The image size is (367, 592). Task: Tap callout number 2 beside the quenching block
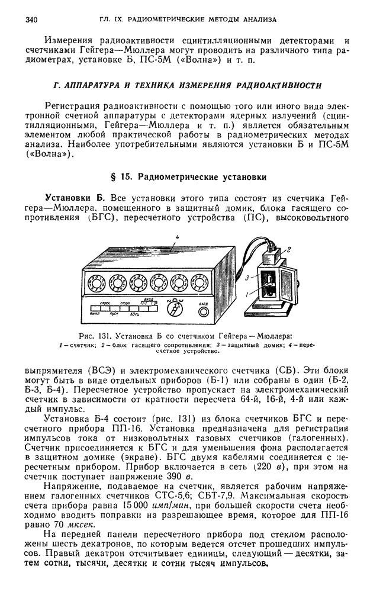[x=289, y=249]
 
